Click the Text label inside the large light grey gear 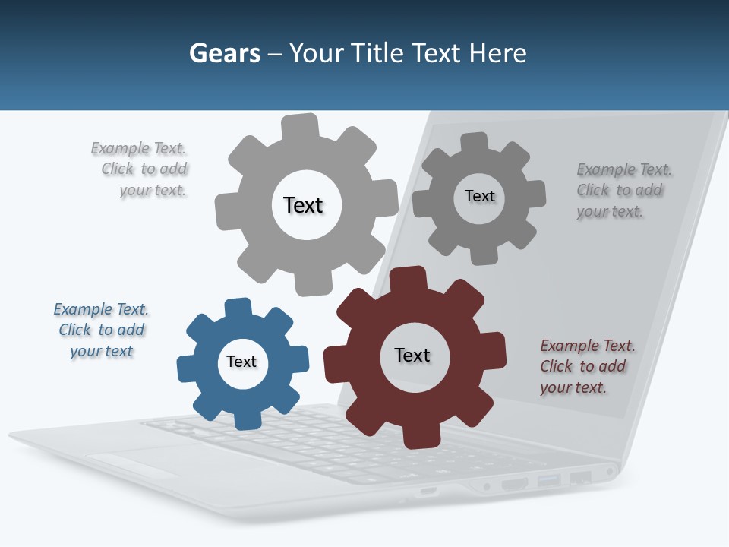coord(303,205)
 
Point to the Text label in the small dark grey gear coord(479,196)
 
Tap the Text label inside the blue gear coord(241,362)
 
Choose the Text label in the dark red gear coord(412,355)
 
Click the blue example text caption coord(101,330)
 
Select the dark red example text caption coord(587,366)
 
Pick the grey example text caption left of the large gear coord(140,169)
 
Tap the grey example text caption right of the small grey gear coord(623,190)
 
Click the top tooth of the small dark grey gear coord(475,143)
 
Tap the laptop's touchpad coord(137,459)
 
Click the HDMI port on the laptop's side coord(514,483)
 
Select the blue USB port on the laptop coord(548,480)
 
